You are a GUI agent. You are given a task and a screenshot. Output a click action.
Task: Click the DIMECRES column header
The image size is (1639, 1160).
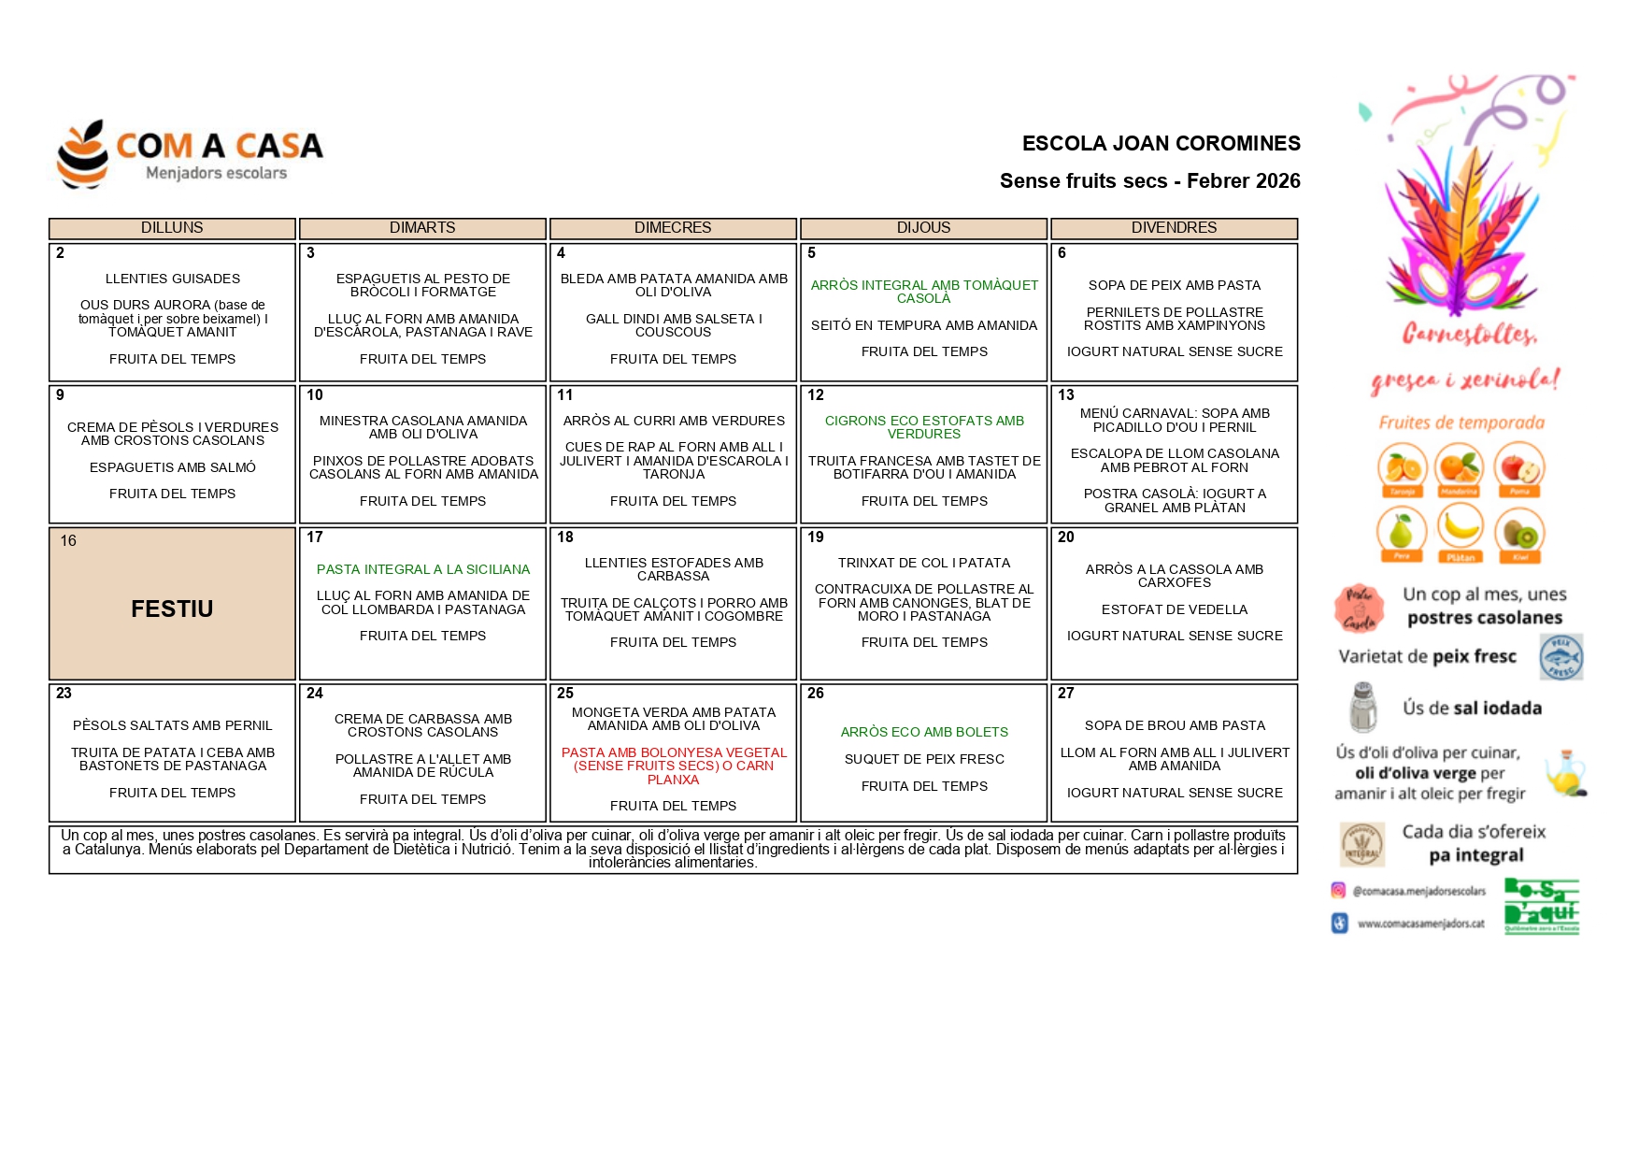[x=673, y=228]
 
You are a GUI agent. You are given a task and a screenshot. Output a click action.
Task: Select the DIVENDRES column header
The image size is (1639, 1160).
[x=1174, y=228]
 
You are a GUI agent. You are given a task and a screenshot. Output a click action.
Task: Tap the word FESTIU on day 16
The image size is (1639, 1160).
[x=172, y=609]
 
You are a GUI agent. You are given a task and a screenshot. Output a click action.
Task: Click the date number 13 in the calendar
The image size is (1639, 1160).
[x=1066, y=395]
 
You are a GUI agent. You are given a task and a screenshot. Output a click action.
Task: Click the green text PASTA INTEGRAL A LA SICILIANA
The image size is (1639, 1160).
[x=422, y=569]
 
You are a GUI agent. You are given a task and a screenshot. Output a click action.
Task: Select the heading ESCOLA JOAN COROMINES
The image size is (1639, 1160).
[x=1161, y=144]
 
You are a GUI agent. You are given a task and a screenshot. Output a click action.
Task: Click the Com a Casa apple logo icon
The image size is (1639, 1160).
[x=82, y=154]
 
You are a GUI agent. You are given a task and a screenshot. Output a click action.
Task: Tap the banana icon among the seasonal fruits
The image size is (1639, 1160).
[x=1460, y=529]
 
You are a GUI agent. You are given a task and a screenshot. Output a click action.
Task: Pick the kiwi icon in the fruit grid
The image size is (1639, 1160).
[x=1519, y=533]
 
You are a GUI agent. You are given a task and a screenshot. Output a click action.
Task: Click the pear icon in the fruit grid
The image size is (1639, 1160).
[x=1401, y=531]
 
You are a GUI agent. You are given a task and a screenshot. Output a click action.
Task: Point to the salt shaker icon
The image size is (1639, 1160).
[x=1363, y=707]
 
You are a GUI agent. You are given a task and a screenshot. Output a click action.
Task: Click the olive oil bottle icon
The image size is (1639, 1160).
[x=1565, y=773]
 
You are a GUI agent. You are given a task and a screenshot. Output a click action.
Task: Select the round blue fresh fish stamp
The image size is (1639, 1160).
[x=1561, y=656]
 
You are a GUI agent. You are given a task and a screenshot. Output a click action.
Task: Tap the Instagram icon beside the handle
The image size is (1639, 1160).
[x=1338, y=891]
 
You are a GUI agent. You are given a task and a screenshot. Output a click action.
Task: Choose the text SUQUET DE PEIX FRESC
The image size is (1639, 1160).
[x=924, y=759]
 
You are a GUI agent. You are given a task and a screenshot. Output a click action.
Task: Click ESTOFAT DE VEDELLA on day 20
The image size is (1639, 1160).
[x=1174, y=609]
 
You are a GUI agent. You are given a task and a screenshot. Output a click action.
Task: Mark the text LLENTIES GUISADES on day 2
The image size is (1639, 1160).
[x=173, y=279]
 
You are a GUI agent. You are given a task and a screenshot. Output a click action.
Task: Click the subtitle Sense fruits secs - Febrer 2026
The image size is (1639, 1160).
[x=1149, y=181]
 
